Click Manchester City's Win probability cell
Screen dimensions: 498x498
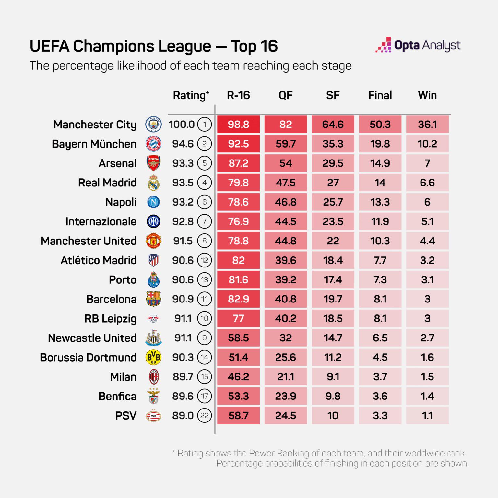click(427, 124)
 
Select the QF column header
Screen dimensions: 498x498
click(286, 95)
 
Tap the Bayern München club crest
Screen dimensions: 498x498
click(153, 144)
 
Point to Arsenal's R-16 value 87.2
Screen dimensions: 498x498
click(238, 163)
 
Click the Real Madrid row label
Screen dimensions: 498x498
click(107, 183)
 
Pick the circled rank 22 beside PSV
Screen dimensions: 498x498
click(204, 416)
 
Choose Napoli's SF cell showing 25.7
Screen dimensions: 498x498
click(333, 202)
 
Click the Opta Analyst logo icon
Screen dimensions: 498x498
click(383, 45)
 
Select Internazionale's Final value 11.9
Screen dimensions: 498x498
click(380, 221)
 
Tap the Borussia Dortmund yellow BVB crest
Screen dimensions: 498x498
click(153, 357)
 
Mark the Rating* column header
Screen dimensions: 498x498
click(191, 95)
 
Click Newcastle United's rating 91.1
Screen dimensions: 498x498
click(183, 338)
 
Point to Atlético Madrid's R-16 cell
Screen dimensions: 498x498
click(238, 260)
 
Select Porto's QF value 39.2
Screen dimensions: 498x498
click(286, 280)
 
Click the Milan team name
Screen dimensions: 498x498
click(123, 377)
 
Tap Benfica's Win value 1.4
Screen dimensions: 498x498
click(427, 396)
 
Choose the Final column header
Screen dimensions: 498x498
click(380, 95)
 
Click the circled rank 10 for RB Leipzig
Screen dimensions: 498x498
click(204, 318)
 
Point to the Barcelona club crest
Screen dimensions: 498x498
click(153, 299)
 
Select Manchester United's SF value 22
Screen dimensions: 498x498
click(333, 241)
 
